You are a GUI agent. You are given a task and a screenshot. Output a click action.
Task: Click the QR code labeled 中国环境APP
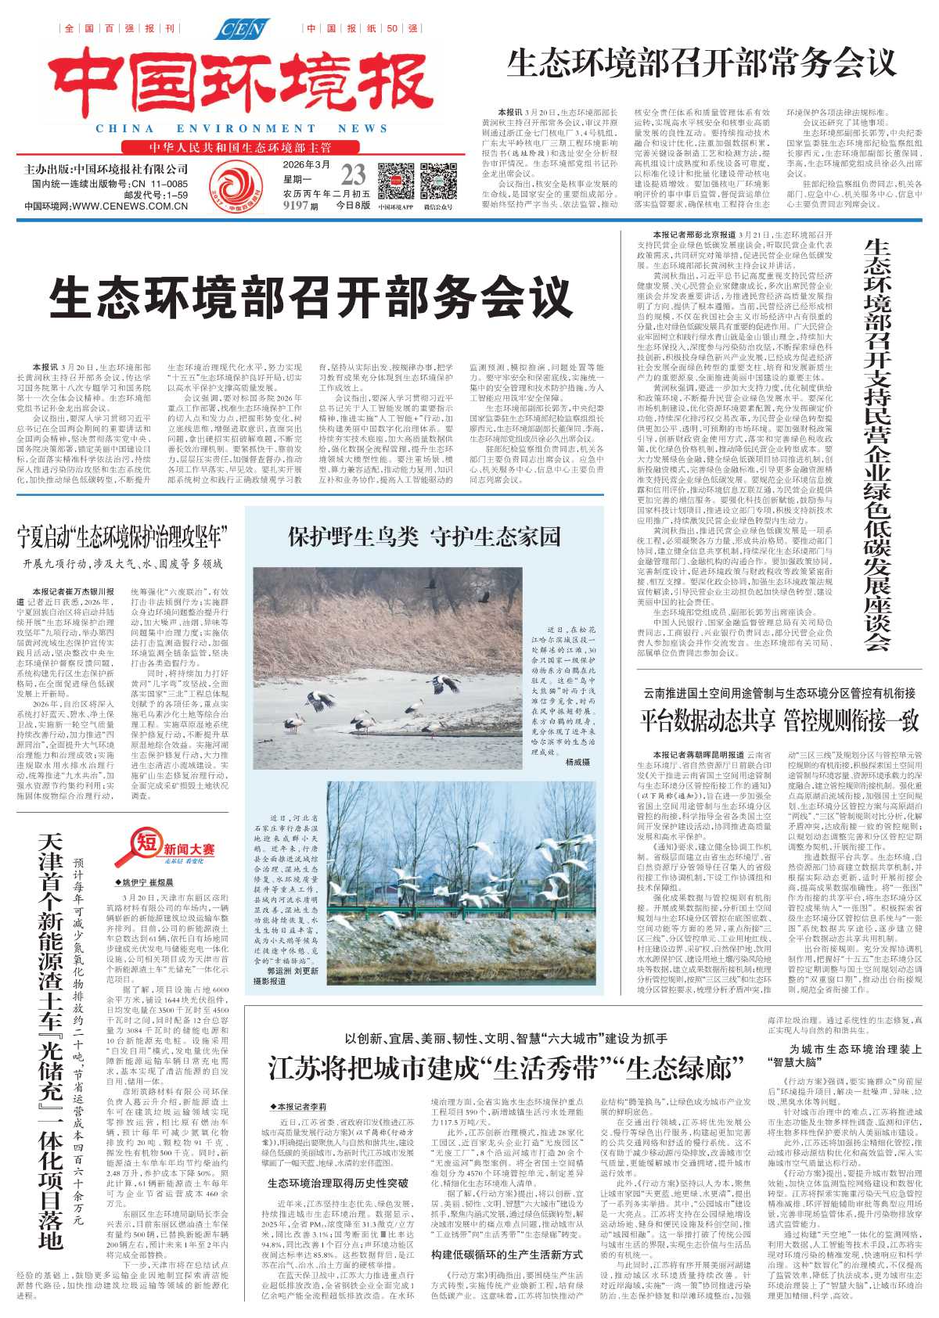click(x=396, y=181)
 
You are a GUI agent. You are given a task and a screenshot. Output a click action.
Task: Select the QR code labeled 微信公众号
click(x=438, y=181)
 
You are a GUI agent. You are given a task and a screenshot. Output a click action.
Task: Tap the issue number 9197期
click(x=300, y=206)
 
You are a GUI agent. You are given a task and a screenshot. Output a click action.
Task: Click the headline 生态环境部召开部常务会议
click(x=701, y=63)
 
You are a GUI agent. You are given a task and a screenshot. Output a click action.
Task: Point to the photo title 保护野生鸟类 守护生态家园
click(x=424, y=537)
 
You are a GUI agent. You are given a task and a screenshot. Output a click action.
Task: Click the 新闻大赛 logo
click(x=164, y=848)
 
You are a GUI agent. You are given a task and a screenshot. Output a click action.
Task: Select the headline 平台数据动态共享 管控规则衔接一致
click(x=779, y=720)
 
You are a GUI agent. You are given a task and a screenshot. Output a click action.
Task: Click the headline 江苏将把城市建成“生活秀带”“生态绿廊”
click(x=505, y=1067)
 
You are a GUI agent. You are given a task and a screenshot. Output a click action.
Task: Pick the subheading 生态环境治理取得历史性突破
click(x=338, y=1183)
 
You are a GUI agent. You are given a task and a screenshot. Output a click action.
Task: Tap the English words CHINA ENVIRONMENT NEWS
click(x=242, y=128)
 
